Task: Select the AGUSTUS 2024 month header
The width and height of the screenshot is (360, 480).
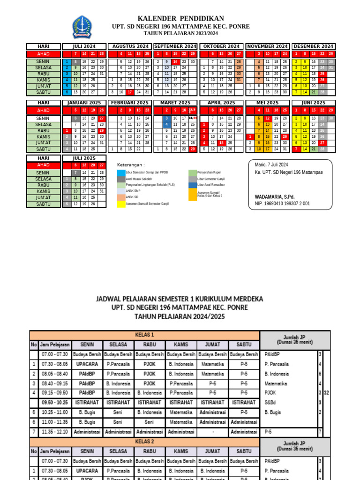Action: pos(129,46)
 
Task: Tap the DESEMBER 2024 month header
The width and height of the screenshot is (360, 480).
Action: pos(313,46)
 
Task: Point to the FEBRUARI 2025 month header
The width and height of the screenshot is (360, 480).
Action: pos(129,102)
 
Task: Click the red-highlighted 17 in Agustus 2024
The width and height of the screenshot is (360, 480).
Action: pos(129,92)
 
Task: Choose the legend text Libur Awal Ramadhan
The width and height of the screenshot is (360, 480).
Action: pos(211,185)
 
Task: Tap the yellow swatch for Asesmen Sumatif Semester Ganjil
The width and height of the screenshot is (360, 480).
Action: pos(121,204)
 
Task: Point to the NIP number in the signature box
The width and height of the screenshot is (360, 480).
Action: pos(279,203)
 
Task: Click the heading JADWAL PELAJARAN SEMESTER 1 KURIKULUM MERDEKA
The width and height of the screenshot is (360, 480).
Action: pos(180,299)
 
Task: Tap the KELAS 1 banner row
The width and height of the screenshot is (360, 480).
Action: pos(144,335)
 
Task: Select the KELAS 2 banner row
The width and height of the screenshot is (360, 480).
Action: pos(144,442)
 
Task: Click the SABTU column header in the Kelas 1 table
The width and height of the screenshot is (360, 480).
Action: pos(243,345)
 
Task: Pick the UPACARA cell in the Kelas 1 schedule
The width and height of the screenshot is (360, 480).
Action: pos(87,364)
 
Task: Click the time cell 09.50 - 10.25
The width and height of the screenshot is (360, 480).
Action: pos(55,402)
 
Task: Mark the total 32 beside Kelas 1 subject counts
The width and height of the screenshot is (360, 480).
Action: pos(327,393)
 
